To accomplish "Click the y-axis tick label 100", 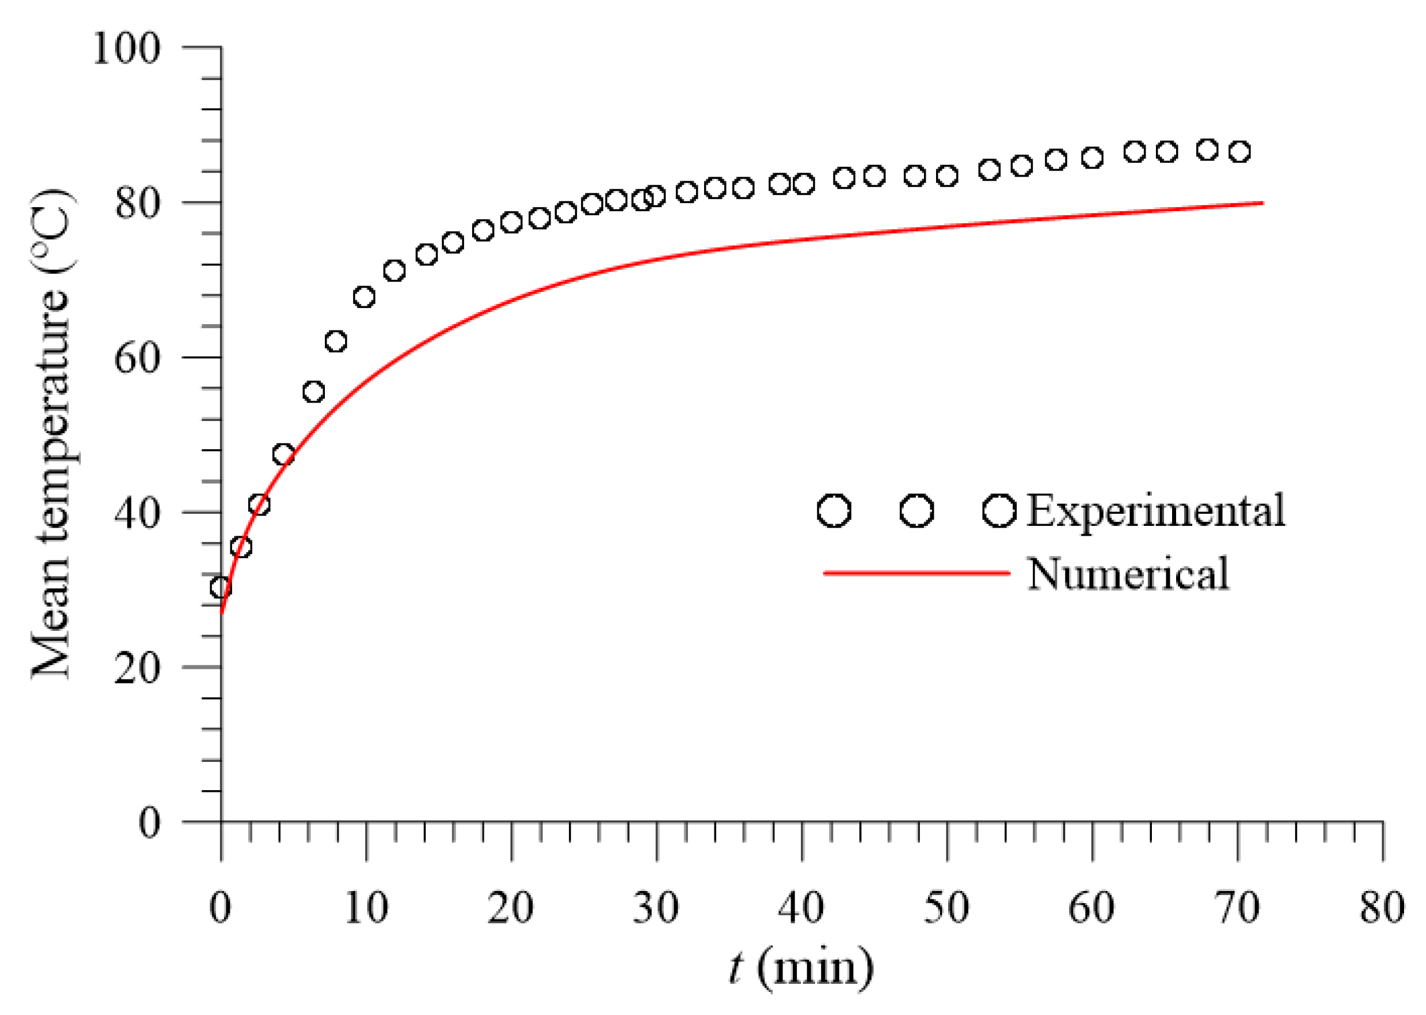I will [x=126, y=48].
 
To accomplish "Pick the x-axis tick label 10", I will [x=366, y=908].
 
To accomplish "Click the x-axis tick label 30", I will [x=656, y=908].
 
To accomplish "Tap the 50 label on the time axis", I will [x=946, y=908].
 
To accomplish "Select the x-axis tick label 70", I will [x=1237, y=908].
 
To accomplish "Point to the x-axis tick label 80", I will [x=1382, y=908].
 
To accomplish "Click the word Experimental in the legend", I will [x=1155, y=510].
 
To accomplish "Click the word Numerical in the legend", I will [x=1128, y=574].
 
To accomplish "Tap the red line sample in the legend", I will [x=916, y=573].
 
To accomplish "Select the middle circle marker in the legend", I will [x=916, y=510].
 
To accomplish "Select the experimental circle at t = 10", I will [x=364, y=297].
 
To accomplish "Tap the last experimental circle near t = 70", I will [x=1240, y=152].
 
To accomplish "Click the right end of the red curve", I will [x=1262, y=203].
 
